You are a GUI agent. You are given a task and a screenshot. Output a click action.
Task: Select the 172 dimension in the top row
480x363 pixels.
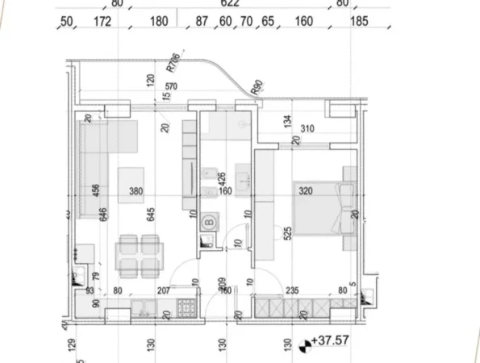pyautogui.click(x=102, y=22)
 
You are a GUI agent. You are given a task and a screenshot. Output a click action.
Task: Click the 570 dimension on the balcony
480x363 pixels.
pyautogui.click(x=170, y=87)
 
